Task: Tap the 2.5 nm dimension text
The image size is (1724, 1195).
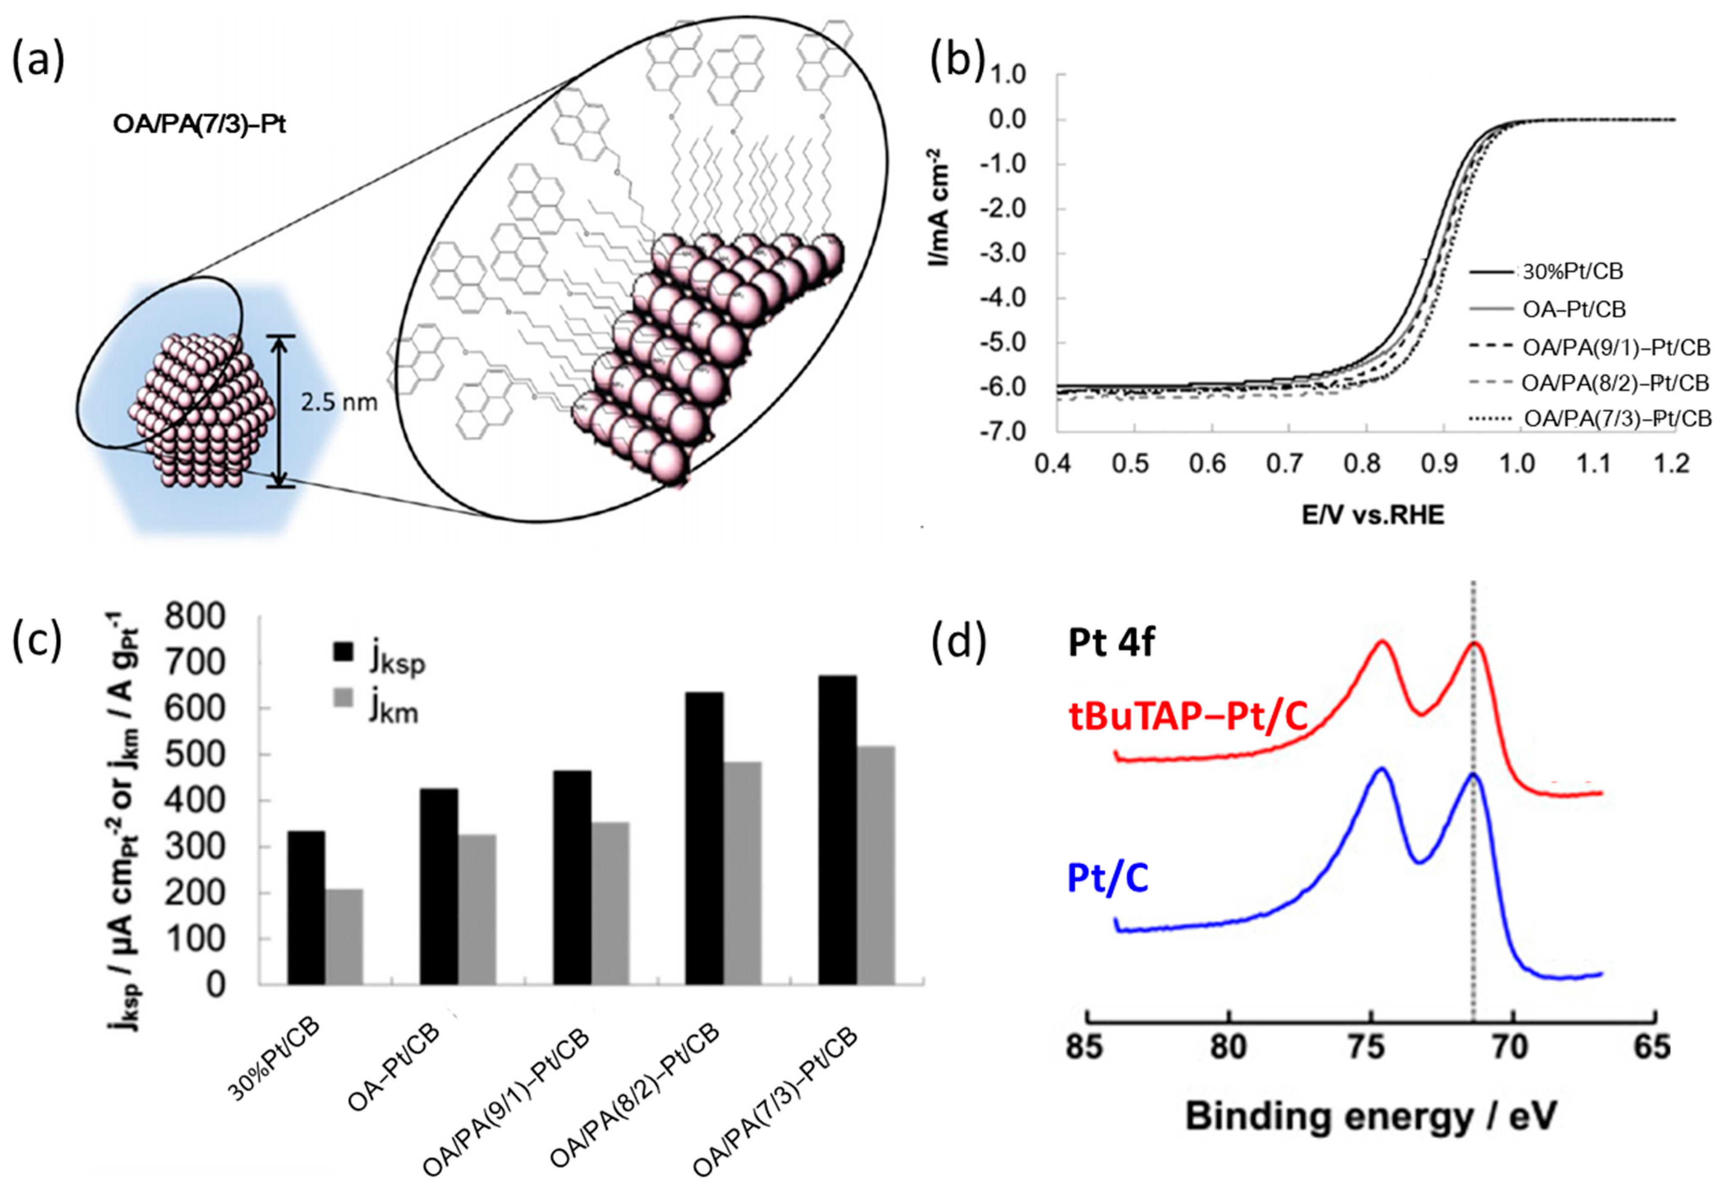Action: click(x=339, y=403)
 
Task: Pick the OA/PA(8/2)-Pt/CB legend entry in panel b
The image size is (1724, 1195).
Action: click(x=1615, y=383)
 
